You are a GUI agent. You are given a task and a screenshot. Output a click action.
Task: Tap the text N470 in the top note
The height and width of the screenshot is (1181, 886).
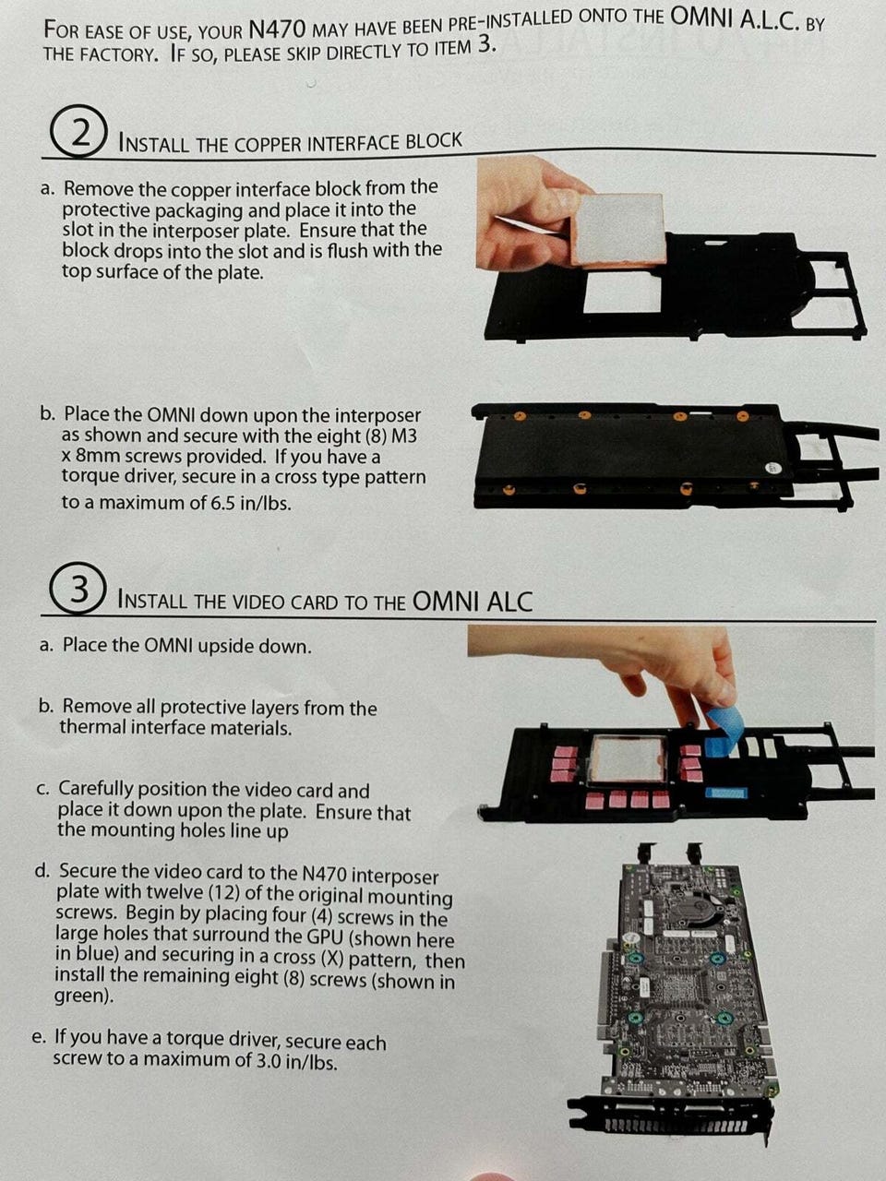pos(278,30)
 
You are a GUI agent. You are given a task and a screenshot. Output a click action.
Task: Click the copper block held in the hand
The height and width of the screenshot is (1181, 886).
pos(617,229)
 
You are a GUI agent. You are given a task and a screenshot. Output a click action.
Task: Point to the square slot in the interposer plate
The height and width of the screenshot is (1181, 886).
pos(622,293)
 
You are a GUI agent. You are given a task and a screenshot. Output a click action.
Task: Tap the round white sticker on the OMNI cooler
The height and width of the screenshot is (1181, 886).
pos(773,468)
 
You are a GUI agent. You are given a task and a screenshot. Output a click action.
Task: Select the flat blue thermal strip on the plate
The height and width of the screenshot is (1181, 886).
pos(726,792)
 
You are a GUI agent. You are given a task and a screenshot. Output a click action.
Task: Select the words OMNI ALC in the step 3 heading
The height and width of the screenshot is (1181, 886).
pos(473,601)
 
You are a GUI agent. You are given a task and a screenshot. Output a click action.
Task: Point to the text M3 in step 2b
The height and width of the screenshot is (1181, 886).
pos(404,435)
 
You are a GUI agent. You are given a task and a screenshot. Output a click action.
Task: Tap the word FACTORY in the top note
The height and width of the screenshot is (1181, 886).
pos(112,54)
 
